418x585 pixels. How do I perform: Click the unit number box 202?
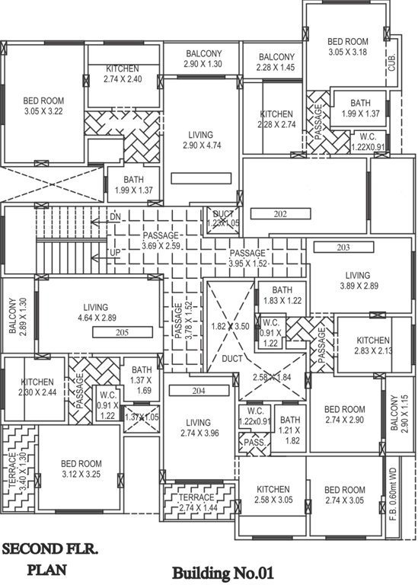(279, 215)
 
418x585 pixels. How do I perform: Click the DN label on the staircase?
(115, 218)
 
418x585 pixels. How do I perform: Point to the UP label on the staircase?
(115, 251)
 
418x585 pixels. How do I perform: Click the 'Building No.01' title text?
(222, 571)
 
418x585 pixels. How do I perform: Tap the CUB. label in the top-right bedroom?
(393, 61)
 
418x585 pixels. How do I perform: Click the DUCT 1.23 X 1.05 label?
(223, 219)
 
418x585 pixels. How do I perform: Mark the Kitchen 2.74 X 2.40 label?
(123, 73)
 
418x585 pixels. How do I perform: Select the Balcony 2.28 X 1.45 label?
(276, 62)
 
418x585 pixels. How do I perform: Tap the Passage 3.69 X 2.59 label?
(171, 241)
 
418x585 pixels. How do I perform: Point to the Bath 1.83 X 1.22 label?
(282, 295)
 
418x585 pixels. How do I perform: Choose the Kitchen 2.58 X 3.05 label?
(273, 495)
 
